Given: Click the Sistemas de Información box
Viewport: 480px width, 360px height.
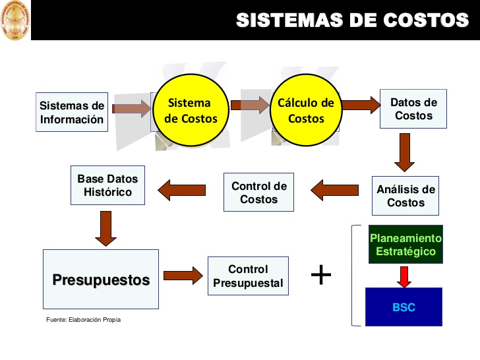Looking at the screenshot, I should pyautogui.click(x=72, y=112).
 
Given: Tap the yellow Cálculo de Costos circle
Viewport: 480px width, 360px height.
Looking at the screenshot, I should pyautogui.click(x=306, y=111).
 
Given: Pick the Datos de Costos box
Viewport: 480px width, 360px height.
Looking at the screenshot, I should pyautogui.click(x=413, y=109).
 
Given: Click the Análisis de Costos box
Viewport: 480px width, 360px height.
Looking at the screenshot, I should pyautogui.click(x=405, y=195).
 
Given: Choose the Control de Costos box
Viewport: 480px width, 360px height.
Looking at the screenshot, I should pyautogui.click(x=258, y=192).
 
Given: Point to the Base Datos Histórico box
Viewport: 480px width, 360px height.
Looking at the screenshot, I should pyautogui.click(x=108, y=185).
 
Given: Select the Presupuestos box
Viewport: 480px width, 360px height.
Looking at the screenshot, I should pyautogui.click(x=101, y=279).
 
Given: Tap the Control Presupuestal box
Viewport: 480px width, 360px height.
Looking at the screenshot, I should pyautogui.click(x=248, y=276).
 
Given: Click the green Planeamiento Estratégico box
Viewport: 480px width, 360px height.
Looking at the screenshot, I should pyautogui.click(x=405, y=245).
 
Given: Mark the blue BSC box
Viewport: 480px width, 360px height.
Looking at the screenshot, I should pyautogui.click(x=404, y=307).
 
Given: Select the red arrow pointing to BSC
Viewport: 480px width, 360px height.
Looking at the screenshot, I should pyautogui.click(x=404, y=275).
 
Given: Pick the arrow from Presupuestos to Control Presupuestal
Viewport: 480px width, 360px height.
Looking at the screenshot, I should pyautogui.click(x=183, y=276).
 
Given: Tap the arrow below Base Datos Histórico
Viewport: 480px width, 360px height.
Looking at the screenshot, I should pyautogui.click(x=105, y=227).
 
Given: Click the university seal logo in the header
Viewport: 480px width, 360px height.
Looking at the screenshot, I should pyautogui.click(x=15, y=20).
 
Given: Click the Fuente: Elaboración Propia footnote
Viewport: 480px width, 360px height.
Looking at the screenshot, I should pyautogui.click(x=84, y=320).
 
